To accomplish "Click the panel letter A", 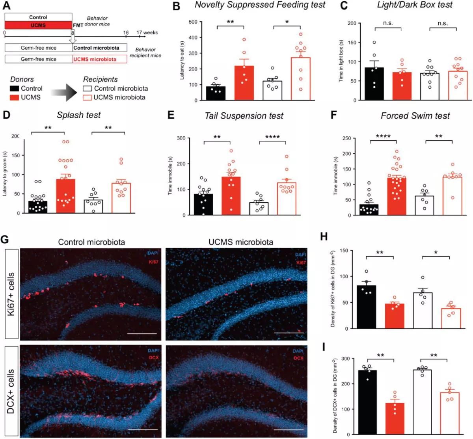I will [7, 6].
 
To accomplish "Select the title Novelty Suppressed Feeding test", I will [260, 5].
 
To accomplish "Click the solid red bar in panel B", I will [244, 84].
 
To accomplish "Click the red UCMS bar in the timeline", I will [38, 25].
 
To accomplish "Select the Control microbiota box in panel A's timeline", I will [100, 48].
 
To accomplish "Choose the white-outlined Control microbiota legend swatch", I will [88, 89].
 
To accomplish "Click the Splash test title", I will [79, 115].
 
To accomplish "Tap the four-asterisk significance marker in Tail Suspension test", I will [272, 137].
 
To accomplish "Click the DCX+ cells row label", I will [12, 392].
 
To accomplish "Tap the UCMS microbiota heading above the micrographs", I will [241, 242].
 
